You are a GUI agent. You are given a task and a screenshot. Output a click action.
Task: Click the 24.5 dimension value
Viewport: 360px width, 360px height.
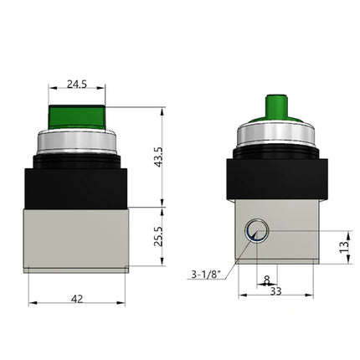pos(76,85)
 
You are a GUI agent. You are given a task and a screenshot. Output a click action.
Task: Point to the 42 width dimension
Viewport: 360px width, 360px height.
pos(76,296)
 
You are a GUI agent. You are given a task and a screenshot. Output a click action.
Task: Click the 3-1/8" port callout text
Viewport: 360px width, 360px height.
pos(205,271)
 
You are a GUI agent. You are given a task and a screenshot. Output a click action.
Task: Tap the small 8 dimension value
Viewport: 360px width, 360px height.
pos(267,280)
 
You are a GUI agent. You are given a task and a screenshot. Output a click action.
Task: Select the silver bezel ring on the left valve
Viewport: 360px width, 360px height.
pos(76,139)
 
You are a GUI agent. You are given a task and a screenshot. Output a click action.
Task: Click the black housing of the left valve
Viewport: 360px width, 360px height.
pos(76,180)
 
